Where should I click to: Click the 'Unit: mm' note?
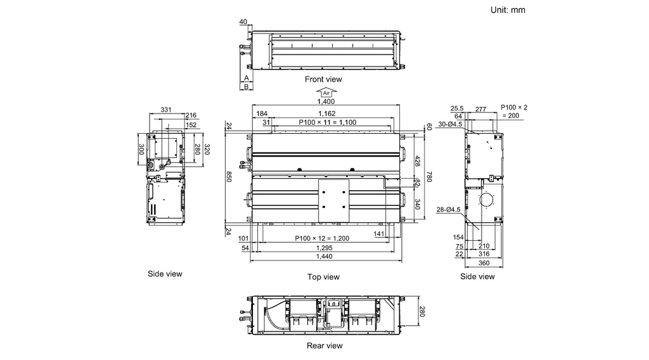pos(508,10)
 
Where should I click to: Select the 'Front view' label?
pos(323,79)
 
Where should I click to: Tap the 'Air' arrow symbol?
pos(326,93)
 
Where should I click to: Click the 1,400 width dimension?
pos(326,101)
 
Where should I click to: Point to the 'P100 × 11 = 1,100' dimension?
pos(328,122)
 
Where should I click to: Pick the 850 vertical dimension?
pos(228,176)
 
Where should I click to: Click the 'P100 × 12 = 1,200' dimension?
pos(322,238)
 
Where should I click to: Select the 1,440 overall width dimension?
pos(324,257)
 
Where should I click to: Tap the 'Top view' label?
pos(323,277)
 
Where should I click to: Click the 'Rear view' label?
pos(324,345)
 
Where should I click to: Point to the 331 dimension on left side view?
pos(165,110)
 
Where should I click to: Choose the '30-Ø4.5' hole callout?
pos(450,124)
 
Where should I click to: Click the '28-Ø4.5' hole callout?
pos(448,210)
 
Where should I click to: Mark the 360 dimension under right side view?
pos(484,263)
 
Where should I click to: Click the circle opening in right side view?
pos(487,200)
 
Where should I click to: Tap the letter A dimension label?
pos(247,78)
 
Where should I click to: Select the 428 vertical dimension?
pos(417,162)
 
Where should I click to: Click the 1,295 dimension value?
pos(324,248)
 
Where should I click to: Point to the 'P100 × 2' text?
pos(514,108)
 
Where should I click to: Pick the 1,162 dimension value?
pos(327,113)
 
